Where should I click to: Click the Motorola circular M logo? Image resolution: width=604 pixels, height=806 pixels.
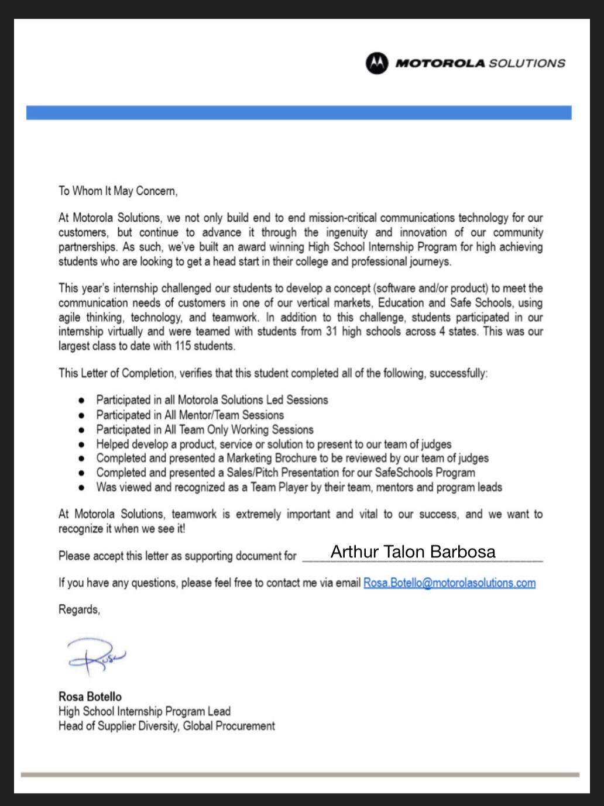pos(377,63)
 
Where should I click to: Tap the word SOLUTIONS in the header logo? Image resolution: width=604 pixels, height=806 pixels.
pos(527,63)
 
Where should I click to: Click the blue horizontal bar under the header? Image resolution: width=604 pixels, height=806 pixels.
pos(298,112)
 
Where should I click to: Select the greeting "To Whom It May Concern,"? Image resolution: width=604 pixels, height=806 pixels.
pos(118,191)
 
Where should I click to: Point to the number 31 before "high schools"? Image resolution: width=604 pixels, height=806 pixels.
pos(332,332)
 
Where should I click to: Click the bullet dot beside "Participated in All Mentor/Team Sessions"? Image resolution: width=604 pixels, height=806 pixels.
pos(82,415)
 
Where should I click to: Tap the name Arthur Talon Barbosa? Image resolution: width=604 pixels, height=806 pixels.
pos(413,552)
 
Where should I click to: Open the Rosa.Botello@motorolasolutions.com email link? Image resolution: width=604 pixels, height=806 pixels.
pos(449,583)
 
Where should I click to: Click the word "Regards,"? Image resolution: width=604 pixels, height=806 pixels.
pos(79,609)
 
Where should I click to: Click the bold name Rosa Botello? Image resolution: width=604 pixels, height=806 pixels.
pos(90,697)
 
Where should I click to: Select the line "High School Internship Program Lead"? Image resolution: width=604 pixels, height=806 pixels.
pos(145,711)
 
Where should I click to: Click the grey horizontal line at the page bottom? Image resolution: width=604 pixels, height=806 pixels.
pos(300,774)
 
